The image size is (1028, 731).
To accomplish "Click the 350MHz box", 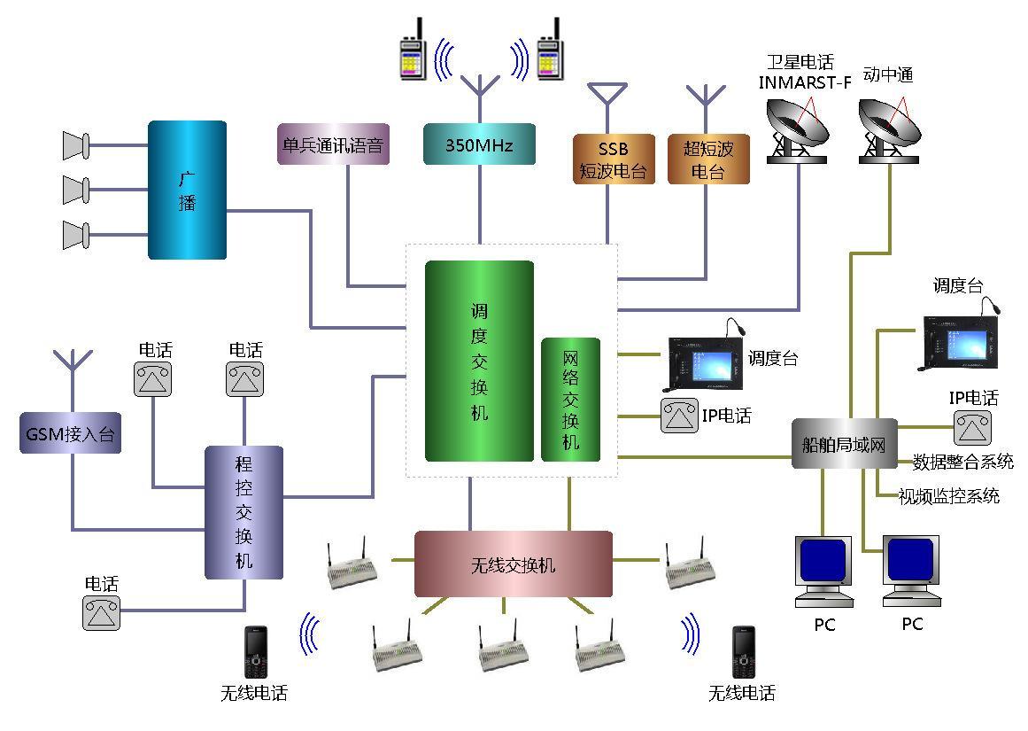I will point(479,144).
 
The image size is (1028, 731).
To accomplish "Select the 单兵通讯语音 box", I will point(332,144).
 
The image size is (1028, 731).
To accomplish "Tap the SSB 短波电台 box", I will point(614,159).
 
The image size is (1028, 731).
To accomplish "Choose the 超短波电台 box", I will point(707,159).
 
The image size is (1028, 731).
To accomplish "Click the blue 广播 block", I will point(187,191).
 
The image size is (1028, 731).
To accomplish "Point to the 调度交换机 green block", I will point(479,361).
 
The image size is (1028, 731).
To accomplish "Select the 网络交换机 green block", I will point(570,399).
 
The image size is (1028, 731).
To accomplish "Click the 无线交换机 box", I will point(513,564).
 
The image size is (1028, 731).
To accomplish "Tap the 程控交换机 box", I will point(243,512).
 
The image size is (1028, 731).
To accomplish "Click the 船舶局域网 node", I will point(844,444).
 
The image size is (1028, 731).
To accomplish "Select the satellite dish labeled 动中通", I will point(890,130).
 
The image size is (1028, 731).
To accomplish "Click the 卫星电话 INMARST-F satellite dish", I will point(798,130).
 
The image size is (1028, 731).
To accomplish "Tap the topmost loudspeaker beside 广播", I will point(76,145).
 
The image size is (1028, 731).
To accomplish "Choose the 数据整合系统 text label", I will point(962,462).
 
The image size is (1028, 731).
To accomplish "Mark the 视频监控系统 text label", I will point(948,496).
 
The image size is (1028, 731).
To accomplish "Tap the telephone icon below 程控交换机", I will point(101,612).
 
